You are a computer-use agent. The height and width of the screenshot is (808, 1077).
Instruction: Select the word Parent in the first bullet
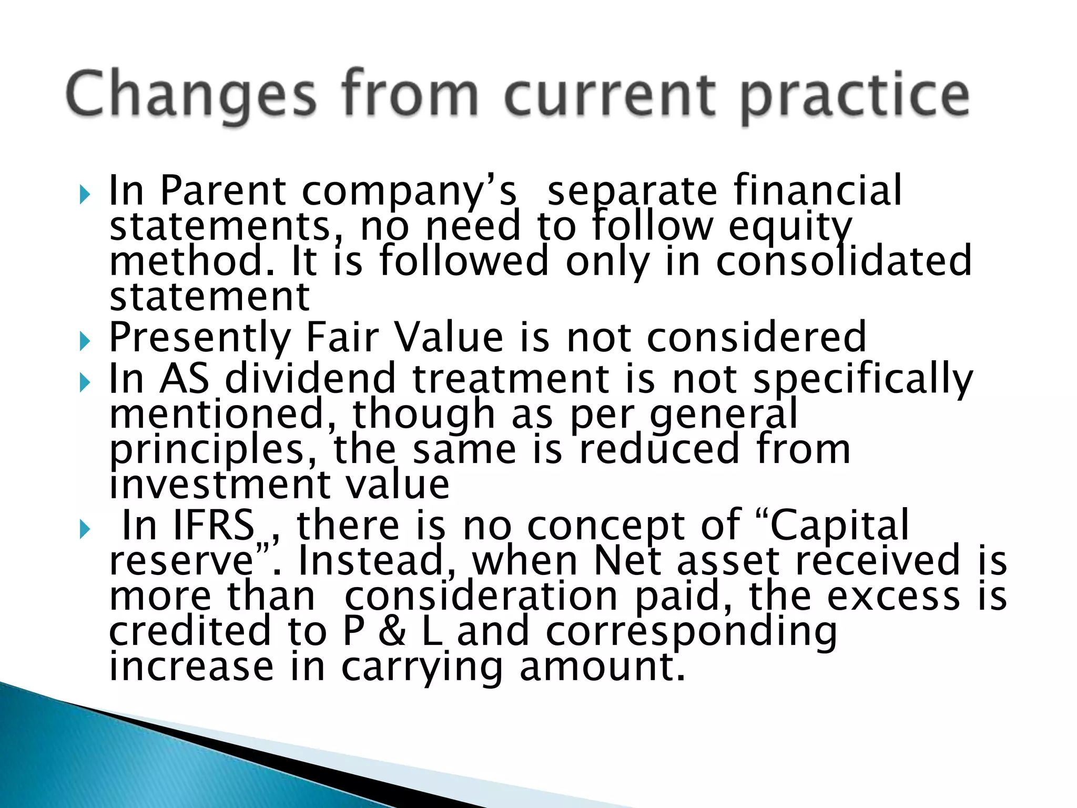223,190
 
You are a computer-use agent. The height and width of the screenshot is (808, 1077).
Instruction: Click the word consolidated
844,261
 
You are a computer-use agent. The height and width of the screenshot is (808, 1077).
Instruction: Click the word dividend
310,379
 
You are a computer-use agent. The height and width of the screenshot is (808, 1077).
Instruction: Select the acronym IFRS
214,526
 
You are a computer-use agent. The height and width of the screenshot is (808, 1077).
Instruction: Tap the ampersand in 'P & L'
392,631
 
